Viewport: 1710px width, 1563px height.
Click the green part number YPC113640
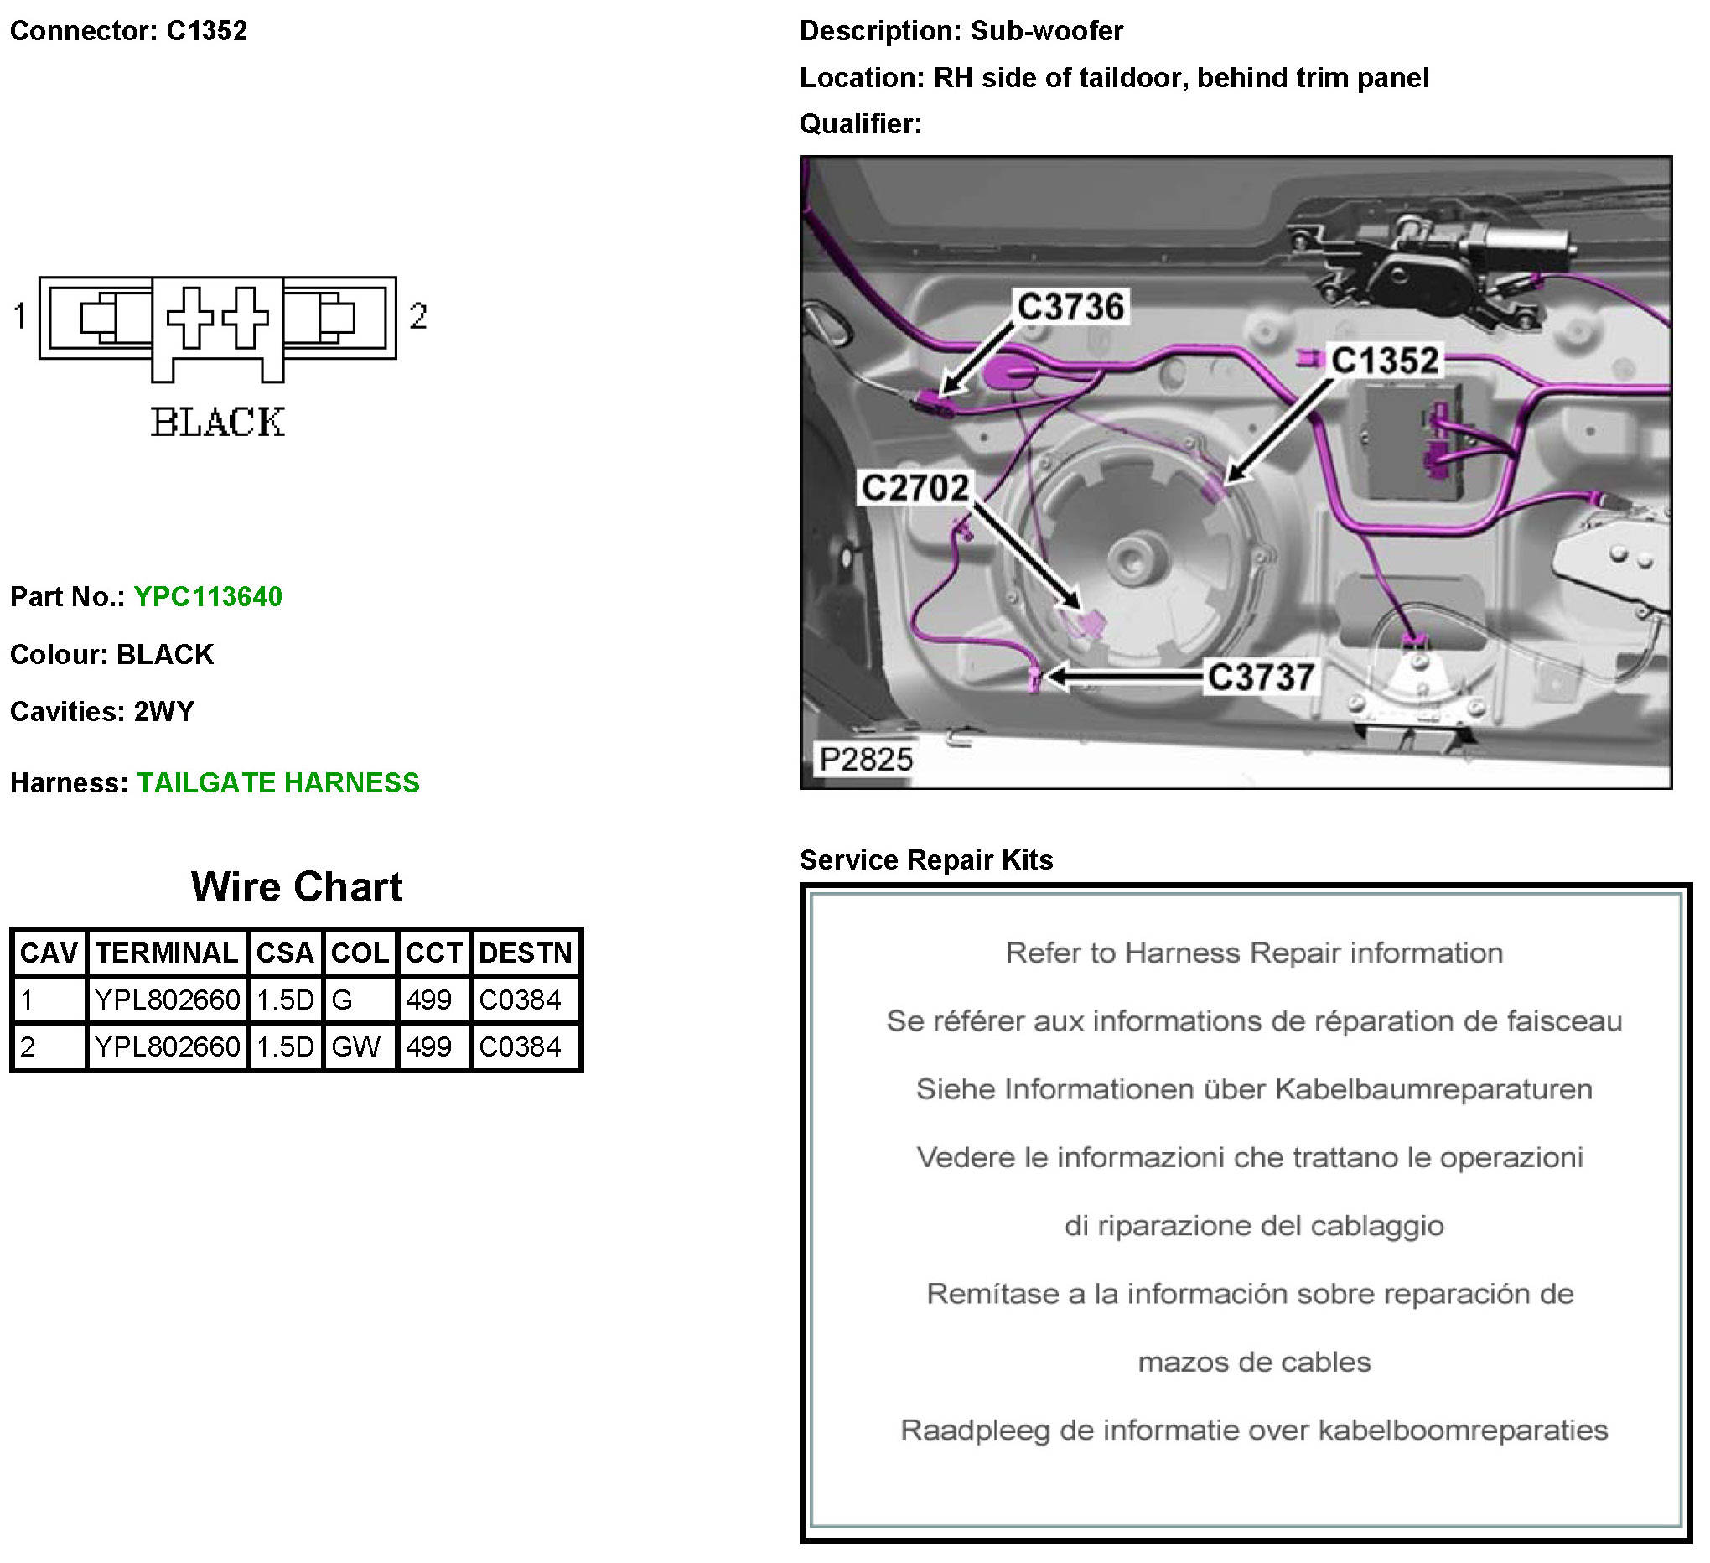208,596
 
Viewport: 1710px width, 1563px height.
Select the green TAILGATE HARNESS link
278,782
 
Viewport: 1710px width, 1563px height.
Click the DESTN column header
525,953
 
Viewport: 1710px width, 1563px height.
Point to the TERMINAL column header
166,953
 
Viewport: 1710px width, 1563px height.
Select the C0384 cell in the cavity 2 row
520,1047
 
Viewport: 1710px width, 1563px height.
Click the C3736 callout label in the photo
1070,307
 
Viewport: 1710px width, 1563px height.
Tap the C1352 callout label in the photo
1384,361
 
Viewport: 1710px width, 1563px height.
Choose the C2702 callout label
915,488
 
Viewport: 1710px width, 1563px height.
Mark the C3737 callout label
1262,678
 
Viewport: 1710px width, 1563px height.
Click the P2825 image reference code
866,760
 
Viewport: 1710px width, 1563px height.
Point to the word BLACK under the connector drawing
218,423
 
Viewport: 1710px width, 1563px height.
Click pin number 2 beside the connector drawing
417,316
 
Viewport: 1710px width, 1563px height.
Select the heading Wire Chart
296,886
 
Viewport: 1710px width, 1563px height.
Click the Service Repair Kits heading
926,859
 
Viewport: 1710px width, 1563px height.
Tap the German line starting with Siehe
1254,1088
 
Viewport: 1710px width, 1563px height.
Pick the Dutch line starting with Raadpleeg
1254,1430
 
